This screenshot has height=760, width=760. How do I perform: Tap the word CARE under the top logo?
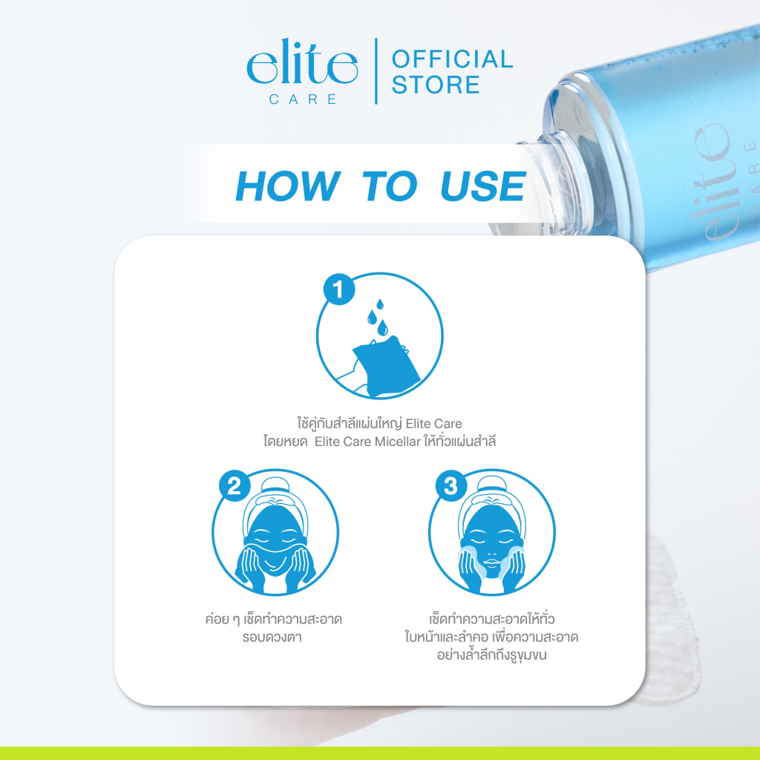click(x=303, y=99)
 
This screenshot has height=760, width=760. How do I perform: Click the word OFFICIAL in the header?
click(x=452, y=59)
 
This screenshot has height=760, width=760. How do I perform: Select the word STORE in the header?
click(x=436, y=85)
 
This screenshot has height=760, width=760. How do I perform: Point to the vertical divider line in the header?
click(x=376, y=71)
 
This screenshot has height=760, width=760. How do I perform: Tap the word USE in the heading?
click(x=482, y=186)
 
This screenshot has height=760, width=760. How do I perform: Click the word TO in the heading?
click(x=390, y=186)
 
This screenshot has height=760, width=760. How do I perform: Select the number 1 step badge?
click(x=339, y=289)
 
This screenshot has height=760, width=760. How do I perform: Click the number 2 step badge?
click(x=235, y=485)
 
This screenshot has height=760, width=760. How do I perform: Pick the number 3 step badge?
click(x=451, y=485)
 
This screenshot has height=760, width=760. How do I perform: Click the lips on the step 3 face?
click(x=491, y=563)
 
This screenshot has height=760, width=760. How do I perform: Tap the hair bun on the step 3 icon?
click(x=491, y=485)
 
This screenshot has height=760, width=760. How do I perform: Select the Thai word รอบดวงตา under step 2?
click(x=272, y=637)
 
